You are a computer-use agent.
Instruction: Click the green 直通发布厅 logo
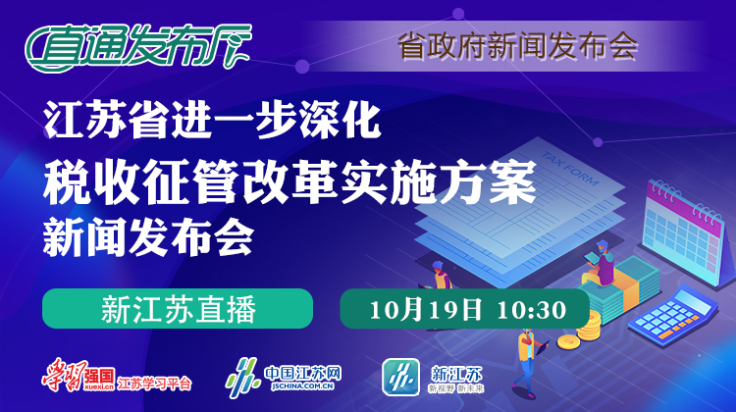tap(138, 47)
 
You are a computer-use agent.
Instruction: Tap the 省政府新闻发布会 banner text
tap(518, 46)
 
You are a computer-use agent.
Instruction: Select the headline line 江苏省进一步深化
tap(212, 121)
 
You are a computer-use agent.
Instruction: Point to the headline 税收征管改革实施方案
tap(289, 181)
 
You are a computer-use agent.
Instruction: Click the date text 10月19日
tap(426, 310)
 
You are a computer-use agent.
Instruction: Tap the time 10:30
tap(531, 310)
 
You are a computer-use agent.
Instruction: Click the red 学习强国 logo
tap(79, 375)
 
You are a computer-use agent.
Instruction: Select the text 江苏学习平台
tap(154, 384)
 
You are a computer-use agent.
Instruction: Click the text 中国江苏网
tap(302, 374)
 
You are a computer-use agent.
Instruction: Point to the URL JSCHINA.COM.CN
tap(302, 386)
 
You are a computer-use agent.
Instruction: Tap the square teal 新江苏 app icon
tap(400, 377)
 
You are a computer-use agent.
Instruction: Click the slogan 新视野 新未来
tap(455, 388)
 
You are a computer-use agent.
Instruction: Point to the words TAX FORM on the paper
tap(570, 169)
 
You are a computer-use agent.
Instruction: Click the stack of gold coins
tap(581, 332)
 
